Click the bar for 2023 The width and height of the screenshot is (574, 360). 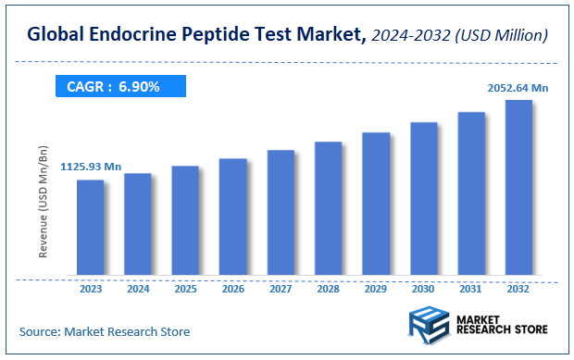[x=90, y=228]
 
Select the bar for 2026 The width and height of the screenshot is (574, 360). [x=232, y=217]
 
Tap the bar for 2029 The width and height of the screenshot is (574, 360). [x=375, y=205]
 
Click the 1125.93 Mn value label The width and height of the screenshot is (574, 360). [x=91, y=167]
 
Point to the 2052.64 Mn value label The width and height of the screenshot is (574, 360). [x=518, y=88]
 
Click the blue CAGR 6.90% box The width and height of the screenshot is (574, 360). [x=118, y=87]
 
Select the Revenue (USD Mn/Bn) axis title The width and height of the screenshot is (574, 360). [x=44, y=201]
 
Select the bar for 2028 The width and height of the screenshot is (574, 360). [x=328, y=209]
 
